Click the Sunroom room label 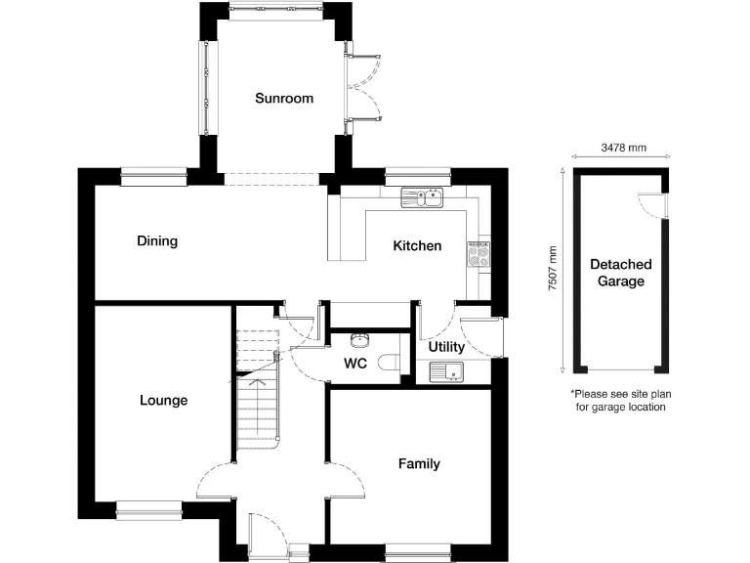(x=284, y=98)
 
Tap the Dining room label (x=157, y=241)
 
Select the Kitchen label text (x=417, y=246)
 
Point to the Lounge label (x=163, y=401)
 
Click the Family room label (x=419, y=464)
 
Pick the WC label (x=354, y=365)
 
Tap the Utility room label (x=446, y=347)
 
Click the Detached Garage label (x=620, y=273)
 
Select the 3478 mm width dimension (x=622, y=149)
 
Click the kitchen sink (x=422, y=198)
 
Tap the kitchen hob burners (x=479, y=255)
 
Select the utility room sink (x=448, y=370)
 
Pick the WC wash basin (x=359, y=341)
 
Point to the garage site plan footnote (x=619, y=400)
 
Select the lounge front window (x=148, y=506)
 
